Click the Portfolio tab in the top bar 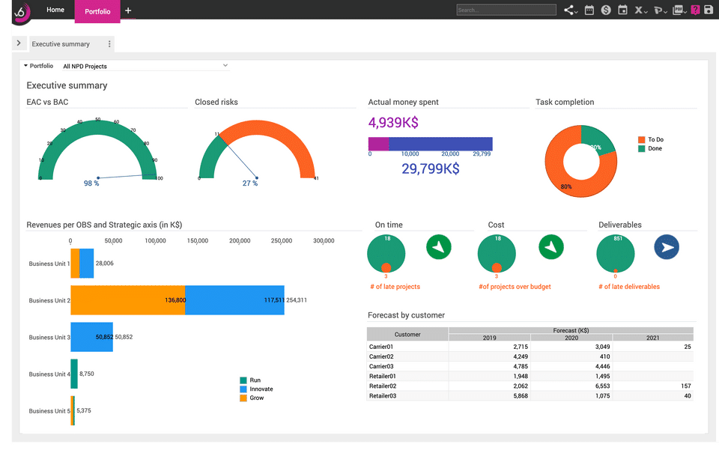[97, 11]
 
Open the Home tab [55, 10]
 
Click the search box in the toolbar [506, 10]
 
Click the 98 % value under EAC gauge [91, 183]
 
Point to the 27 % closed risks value [250, 183]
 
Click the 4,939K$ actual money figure [393, 123]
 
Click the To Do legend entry [655, 140]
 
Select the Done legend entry [655, 149]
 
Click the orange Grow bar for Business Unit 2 [127, 300]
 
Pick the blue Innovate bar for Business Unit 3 [91, 337]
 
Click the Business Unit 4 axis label [49, 374]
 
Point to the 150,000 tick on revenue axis [198, 241]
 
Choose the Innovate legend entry [261, 389]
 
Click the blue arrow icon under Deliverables [667, 247]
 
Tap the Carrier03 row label [381, 366]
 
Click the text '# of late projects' [395, 287]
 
